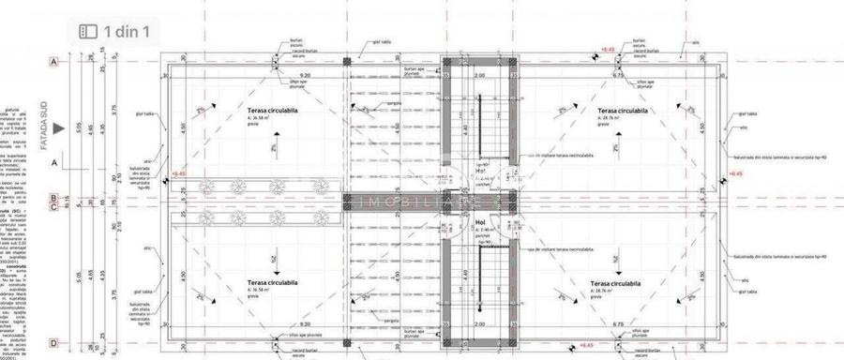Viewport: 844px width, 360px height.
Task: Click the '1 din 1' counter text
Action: pyautogui.click(x=133, y=32)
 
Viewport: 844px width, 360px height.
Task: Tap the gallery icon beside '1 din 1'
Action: pyautogui.click(x=88, y=32)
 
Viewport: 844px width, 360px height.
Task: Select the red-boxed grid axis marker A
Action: pyautogui.click(x=54, y=61)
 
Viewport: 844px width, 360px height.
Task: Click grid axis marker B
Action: pyautogui.click(x=54, y=199)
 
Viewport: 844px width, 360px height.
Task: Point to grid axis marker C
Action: pyautogui.click(x=54, y=208)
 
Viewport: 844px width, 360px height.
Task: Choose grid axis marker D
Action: pyautogui.click(x=54, y=344)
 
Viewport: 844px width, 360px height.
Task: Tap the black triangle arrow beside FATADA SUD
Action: pyautogui.click(x=60, y=129)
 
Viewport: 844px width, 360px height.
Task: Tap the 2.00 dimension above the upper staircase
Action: pyautogui.click(x=479, y=75)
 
